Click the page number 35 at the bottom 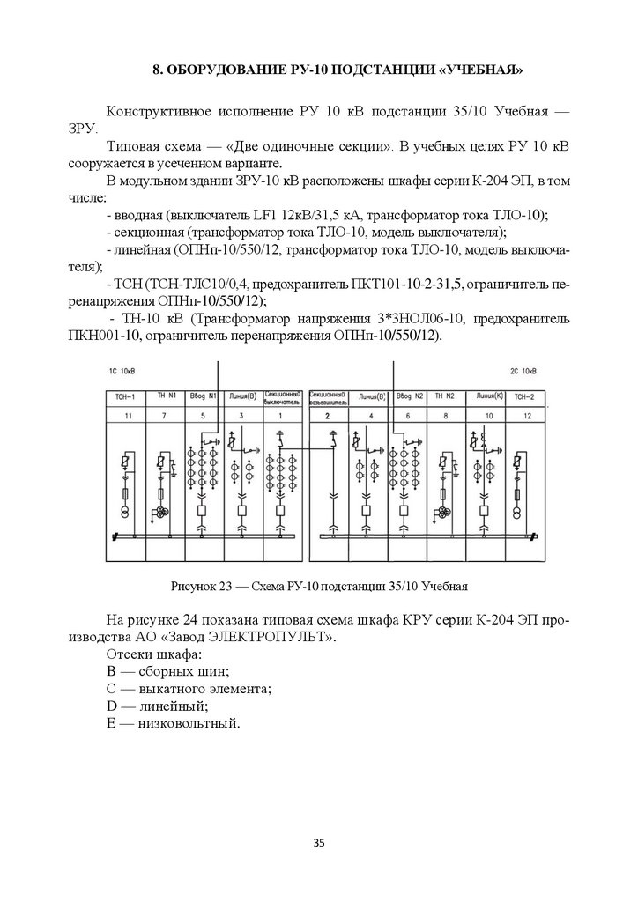pos(319,844)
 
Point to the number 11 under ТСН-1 pos(127,414)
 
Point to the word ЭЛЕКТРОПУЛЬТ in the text pos(283,637)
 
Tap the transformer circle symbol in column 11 pos(127,513)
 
